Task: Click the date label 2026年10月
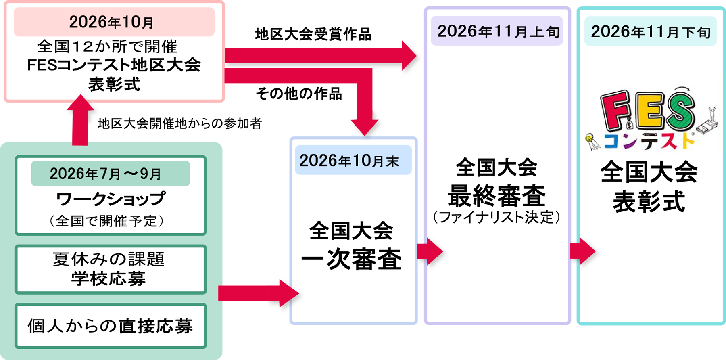pyautogui.click(x=111, y=22)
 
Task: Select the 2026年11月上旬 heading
pyautogui.click(x=499, y=31)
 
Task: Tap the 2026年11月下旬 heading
pyautogui.click(x=651, y=32)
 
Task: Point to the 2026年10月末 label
pyautogui.click(x=349, y=161)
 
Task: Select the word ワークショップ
pyautogui.click(x=111, y=199)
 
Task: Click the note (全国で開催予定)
pyautogui.click(x=106, y=221)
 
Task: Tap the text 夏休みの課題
pyautogui.click(x=109, y=259)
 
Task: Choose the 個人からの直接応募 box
pyautogui.click(x=111, y=326)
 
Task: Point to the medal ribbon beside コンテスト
pyautogui.click(x=592, y=142)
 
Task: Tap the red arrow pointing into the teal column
pyautogui.click(x=582, y=251)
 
